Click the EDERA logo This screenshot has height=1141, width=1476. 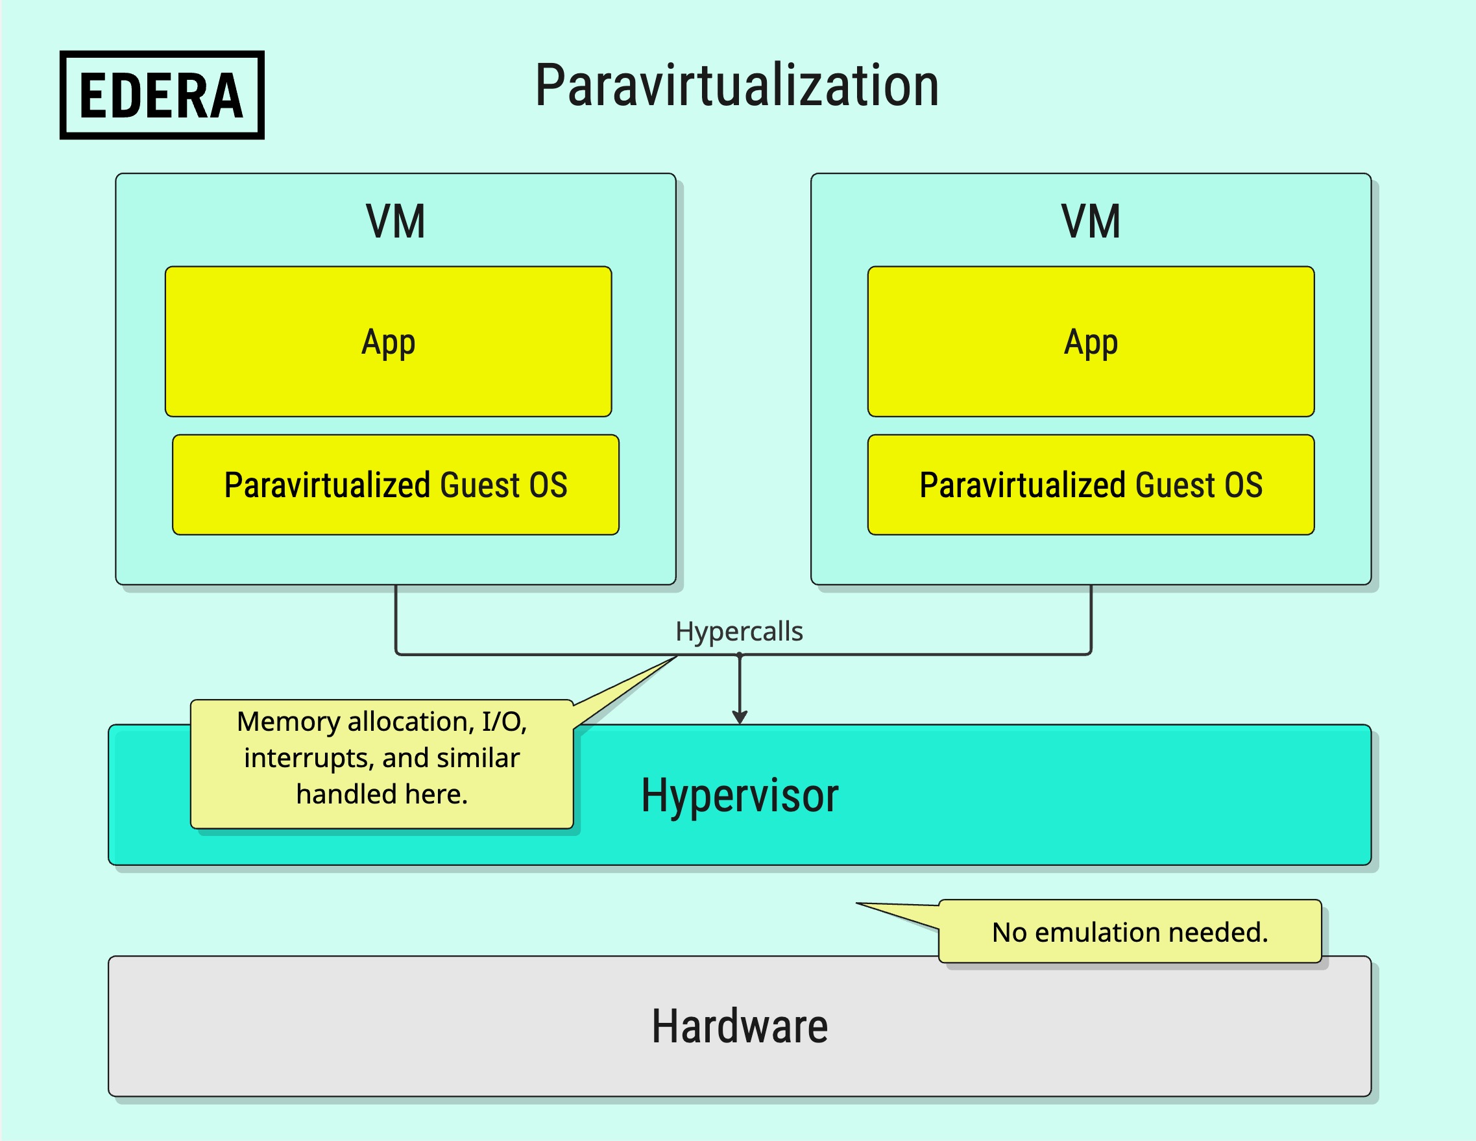pos(162,95)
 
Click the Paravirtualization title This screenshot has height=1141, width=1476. pos(737,86)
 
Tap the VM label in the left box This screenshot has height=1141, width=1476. pos(396,222)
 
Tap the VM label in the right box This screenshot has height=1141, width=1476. pos(1091,222)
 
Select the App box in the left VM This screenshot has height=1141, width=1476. pos(389,341)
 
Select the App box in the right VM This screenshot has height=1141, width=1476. pos(1091,341)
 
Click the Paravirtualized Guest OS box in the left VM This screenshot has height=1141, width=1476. pos(396,485)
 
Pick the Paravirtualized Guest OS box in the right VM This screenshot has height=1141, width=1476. pos(1091,485)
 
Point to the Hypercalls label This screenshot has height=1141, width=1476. pos(740,632)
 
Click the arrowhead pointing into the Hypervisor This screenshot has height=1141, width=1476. pos(740,718)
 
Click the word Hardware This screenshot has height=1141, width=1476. pos(740,1026)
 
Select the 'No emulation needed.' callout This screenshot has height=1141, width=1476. pos(1130,931)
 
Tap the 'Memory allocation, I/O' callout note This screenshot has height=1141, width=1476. pos(382,764)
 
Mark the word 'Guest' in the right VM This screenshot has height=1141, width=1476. pos(1175,485)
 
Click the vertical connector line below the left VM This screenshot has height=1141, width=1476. pos(396,619)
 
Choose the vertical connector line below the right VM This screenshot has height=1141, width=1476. pos(1091,619)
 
